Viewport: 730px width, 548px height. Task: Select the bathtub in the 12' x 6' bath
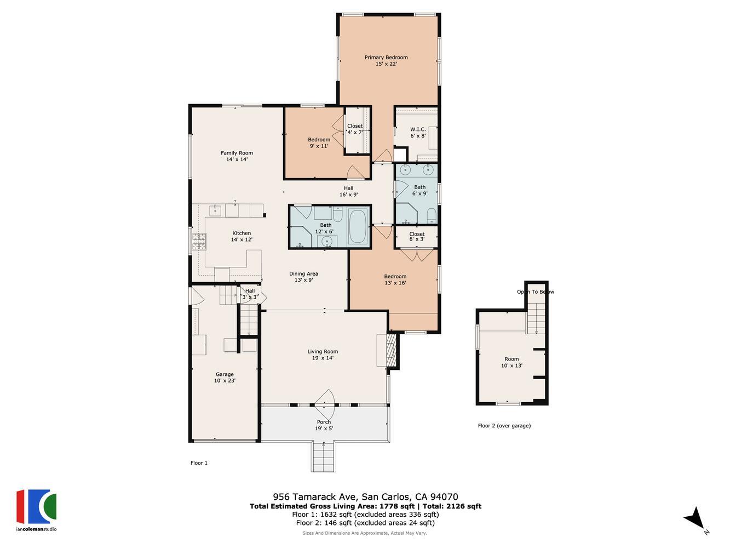(359, 225)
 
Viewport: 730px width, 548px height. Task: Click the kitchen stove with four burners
(198, 240)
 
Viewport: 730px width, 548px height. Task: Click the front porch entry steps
(324, 456)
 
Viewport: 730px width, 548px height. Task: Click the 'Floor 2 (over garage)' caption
(504, 426)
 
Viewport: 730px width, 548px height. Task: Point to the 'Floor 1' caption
(199, 463)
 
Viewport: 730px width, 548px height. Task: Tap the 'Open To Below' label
(535, 292)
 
